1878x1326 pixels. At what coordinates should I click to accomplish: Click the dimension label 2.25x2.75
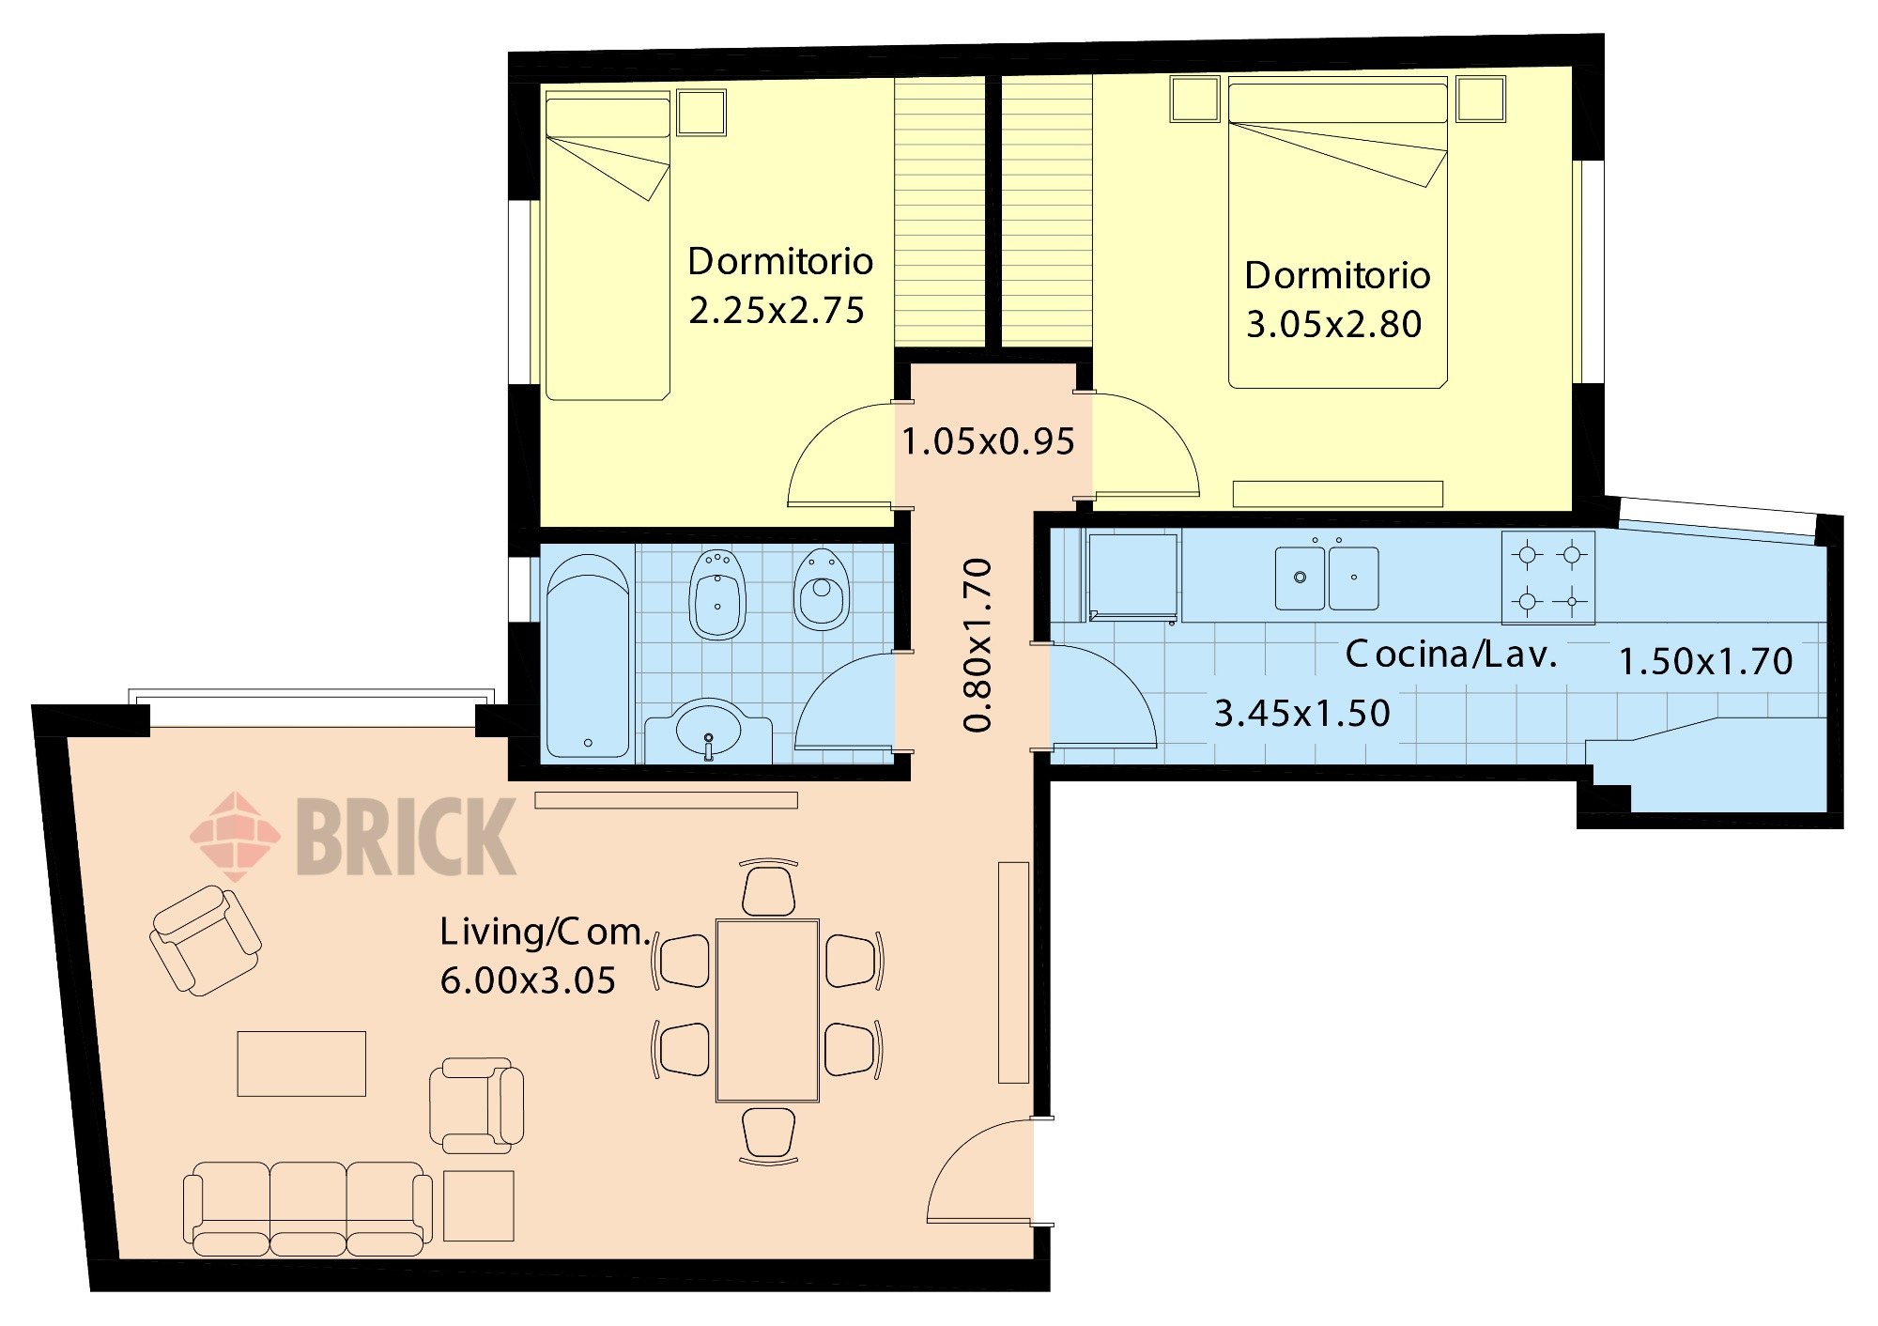[777, 311]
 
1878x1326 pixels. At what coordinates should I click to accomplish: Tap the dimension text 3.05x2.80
[1333, 325]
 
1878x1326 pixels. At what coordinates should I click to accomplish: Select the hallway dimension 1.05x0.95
[988, 442]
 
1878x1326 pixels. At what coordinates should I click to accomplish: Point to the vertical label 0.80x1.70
[977, 644]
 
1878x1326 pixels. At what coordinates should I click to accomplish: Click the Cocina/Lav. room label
[1451, 655]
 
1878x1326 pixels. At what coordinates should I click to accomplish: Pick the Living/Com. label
[546, 932]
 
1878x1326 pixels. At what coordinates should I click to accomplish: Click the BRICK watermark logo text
[407, 836]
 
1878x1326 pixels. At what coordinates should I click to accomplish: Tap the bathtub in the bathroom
[588, 655]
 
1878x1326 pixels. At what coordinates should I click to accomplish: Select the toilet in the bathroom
[822, 590]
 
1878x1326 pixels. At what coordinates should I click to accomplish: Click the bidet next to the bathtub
[718, 594]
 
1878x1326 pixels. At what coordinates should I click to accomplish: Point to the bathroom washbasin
[708, 731]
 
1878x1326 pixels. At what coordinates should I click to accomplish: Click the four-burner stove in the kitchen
[1548, 578]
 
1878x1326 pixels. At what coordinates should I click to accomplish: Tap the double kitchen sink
[1327, 577]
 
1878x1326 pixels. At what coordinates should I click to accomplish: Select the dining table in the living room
[768, 1010]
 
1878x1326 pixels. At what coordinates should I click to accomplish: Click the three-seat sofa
[308, 1209]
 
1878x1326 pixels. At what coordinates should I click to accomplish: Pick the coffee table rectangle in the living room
[301, 1064]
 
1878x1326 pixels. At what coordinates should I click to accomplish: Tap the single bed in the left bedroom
[608, 246]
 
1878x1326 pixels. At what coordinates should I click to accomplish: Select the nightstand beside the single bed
[702, 113]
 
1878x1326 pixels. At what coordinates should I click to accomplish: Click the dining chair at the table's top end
[769, 888]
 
